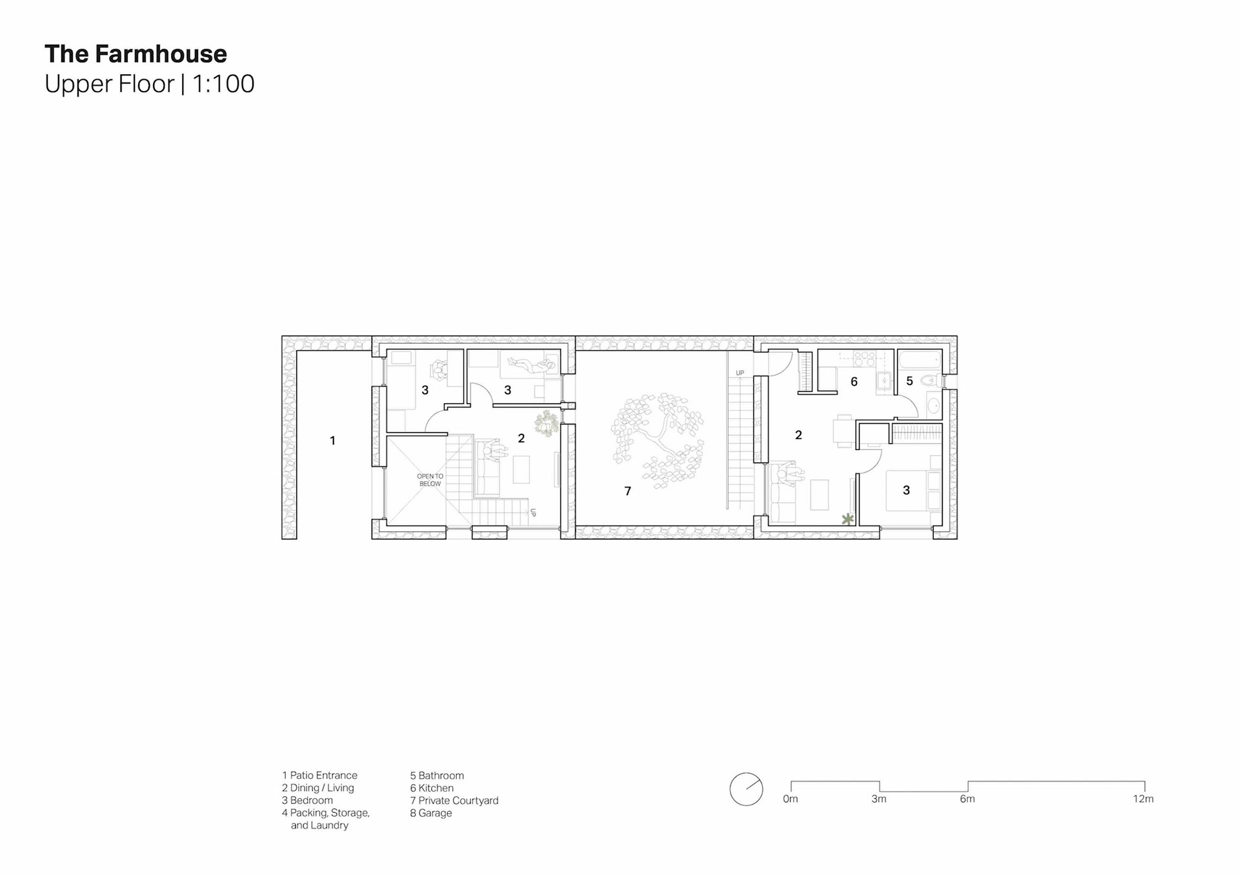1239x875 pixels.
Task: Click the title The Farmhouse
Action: [136, 54]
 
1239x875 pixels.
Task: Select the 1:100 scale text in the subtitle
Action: [223, 84]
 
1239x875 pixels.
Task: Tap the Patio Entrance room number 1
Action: [332, 440]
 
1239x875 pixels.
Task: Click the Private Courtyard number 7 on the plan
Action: [627, 491]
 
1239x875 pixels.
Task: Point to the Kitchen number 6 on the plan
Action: [854, 382]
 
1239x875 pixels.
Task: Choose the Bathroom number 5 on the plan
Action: [909, 381]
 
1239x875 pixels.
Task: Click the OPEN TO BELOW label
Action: [430, 480]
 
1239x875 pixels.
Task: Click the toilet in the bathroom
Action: [929, 381]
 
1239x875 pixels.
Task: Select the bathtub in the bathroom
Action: [919, 360]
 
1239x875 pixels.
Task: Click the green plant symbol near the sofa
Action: [847, 518]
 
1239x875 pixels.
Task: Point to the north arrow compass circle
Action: [746, 789]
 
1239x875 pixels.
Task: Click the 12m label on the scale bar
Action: [1143, 799]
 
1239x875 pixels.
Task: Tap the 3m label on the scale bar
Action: [879, 799]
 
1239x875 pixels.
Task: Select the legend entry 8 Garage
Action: [431, 813]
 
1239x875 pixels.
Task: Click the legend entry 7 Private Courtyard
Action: [454, 801]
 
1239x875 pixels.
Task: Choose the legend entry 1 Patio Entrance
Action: [319, 776]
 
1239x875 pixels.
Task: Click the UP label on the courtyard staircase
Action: [740, 373]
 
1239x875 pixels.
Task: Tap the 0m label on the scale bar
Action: [791, 799]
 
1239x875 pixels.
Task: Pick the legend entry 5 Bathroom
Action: [437, 776]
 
